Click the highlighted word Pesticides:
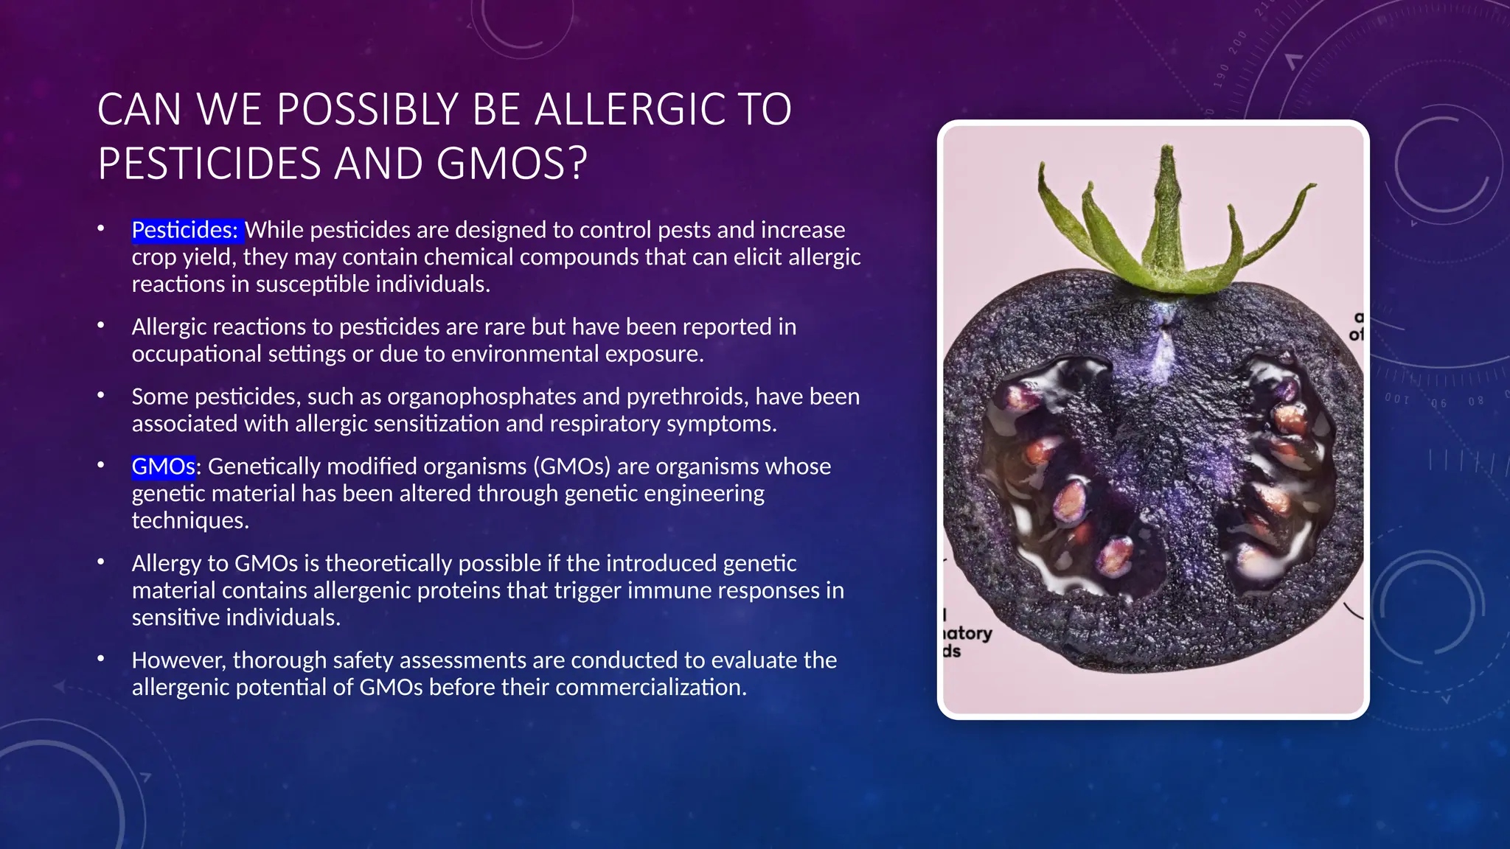pyautogui.click(x=185, y=231)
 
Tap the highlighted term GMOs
pyautogui.click(x=163, y=467)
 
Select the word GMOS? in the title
pyautogui.click(x=512, y=164)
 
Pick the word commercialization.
pyautogui.click(x=650, y=688)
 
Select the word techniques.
pyautogui.click(x=189, y=521)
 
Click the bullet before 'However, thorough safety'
pyautogui.click(x=101, y=659)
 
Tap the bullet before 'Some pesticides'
pyautogui.click(x=101, y=396)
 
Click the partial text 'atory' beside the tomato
pyautogui.click(x=968, y=633)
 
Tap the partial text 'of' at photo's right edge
pyautogui.click(x=1356, y=335)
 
